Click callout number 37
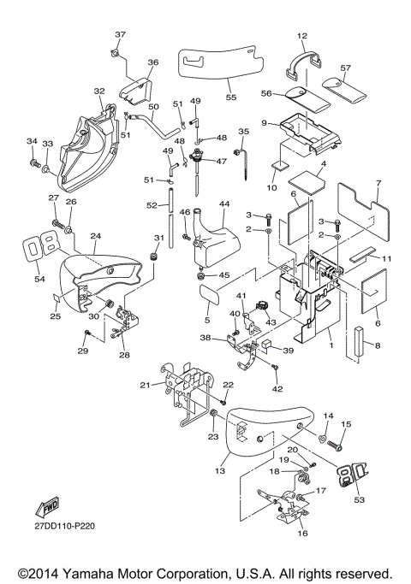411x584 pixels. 120,34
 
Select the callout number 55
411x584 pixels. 231,97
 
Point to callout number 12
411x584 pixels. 302,36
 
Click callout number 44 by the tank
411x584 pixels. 224,204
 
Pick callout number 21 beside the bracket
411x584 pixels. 145,385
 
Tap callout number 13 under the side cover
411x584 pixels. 220,471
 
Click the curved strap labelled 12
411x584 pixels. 304,63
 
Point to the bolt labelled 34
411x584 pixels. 35,162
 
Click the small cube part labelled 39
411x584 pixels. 267,344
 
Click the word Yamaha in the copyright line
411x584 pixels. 80,574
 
